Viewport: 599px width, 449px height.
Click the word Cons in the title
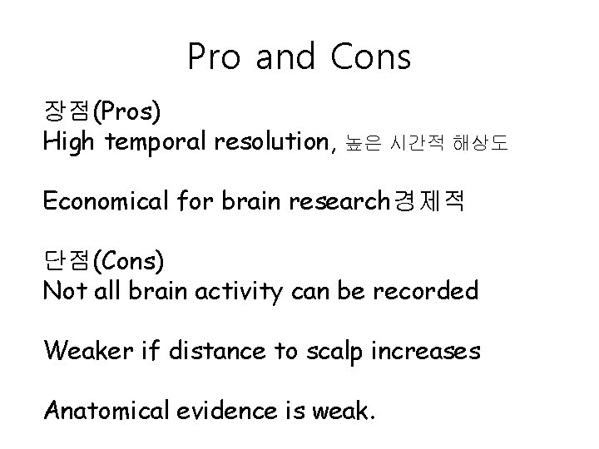click(x=370, y=57)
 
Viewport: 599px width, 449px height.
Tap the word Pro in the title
click(x=215, y=57)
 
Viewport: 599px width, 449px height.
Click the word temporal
click(x=156, y=143)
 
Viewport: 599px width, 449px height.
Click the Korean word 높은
click(x=361, y=145)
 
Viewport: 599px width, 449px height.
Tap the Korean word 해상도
click(x=478, y=145)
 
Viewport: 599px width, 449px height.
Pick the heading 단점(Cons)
click(x=104, y=260)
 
